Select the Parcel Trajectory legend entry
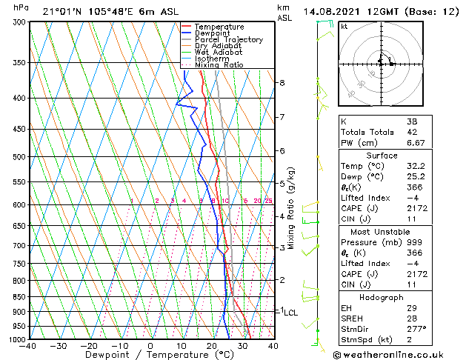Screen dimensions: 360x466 tap(228, 40)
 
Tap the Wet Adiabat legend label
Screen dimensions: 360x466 tap(219, 53)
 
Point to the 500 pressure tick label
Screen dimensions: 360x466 tap(19, 157)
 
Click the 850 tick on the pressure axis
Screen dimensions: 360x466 tap(19, 297)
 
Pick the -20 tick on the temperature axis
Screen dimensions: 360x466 tap(89, 346)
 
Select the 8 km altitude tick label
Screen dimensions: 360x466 tap(282, 82)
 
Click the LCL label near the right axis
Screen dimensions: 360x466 tap(291, 313)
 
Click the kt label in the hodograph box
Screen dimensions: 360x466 tap(344, 26)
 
